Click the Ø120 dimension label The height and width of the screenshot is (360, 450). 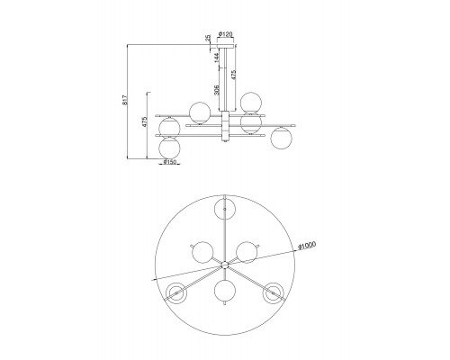click(226, 34)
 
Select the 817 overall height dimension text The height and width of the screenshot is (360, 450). click(126, 100)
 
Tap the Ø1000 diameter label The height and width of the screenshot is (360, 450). click(307, 246)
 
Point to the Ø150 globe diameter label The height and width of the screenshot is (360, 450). click(169, 162)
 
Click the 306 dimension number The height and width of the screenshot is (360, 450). click(217, 90)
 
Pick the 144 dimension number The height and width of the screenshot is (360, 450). click(217, 58)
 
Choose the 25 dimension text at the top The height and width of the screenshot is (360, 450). click(208, 38)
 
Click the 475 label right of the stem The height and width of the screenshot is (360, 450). click(233, 75)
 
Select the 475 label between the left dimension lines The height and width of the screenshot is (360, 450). click(145, 122)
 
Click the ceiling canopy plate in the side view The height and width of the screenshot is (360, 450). click(226, 47)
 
